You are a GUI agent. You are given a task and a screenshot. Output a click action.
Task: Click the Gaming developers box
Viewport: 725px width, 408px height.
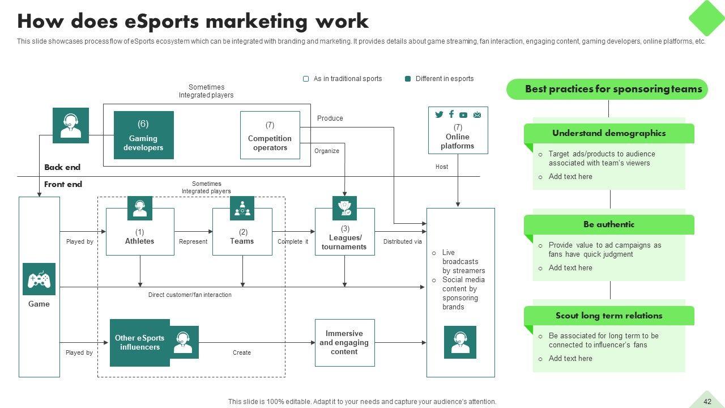(143, 135)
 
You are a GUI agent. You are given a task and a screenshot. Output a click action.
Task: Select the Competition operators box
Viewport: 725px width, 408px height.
(270, 135)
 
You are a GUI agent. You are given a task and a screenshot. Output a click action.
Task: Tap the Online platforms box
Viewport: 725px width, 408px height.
(458, 130)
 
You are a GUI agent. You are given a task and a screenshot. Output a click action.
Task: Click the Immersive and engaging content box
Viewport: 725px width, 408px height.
(344, 343)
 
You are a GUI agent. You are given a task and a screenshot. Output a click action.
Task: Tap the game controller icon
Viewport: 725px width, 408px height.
(39, 279)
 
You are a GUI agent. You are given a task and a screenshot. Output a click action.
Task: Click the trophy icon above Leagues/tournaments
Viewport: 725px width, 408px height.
(344, 208)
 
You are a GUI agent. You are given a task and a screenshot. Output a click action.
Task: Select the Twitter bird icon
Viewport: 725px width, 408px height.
(439, 114)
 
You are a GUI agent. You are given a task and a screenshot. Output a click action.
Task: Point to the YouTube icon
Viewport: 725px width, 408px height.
(463, 115)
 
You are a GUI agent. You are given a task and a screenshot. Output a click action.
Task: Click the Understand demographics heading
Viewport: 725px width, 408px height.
(609, 134)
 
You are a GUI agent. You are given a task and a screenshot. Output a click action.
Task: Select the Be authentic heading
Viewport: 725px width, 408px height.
(609, 225)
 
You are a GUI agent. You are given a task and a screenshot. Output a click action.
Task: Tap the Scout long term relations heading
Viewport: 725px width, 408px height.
(609, 316)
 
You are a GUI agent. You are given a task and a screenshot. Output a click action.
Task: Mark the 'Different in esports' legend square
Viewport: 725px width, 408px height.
(408, 79)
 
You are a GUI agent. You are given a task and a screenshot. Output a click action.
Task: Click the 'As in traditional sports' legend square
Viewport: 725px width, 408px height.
(306, 79)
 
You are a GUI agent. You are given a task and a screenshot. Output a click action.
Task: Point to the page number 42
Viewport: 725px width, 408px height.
(707, 402)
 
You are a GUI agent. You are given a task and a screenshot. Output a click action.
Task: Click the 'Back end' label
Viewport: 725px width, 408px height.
(62, 168)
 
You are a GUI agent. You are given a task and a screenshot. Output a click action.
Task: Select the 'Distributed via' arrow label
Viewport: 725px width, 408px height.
(402, 241)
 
